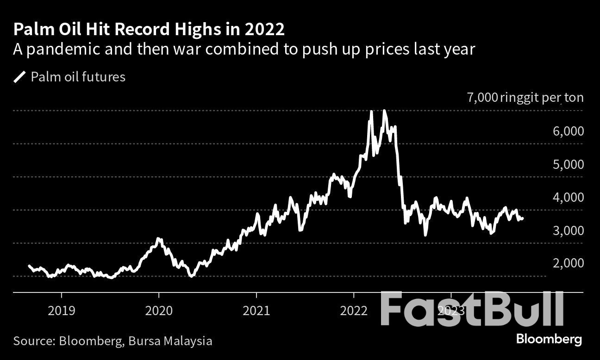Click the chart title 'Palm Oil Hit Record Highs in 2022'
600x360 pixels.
click(x=149, y=30)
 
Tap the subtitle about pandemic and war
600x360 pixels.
click(x=244, y=49)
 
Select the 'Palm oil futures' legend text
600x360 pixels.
click(x=78, y=77)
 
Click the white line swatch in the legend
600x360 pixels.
click(x=20, y=77)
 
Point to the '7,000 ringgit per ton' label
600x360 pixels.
click(x=525, y=98)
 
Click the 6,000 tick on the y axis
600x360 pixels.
click(x=568, y=131)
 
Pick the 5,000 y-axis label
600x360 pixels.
click(x=568, y=164)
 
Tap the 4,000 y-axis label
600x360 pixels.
click(x=568, y=197)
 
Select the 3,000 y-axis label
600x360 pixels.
click(x=568, y=230)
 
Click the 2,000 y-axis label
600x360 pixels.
click(x=568, y=263)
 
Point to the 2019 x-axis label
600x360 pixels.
click(x=61, y=310)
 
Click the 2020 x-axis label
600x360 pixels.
click(x=158, y=310)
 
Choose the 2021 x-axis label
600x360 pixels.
click(x=256, y=310)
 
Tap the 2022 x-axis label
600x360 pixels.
click(x=353, y=310)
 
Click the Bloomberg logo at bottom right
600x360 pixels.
click(x=549, y=339)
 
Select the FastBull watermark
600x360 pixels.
click(x=472, y=309)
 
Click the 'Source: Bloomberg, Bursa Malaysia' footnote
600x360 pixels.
click(x=112, y=341)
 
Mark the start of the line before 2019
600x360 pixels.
click(x=29, y=266)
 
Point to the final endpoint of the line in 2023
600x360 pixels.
click(x=523, y=218)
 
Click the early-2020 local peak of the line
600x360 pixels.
click(x=158, y=239)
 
